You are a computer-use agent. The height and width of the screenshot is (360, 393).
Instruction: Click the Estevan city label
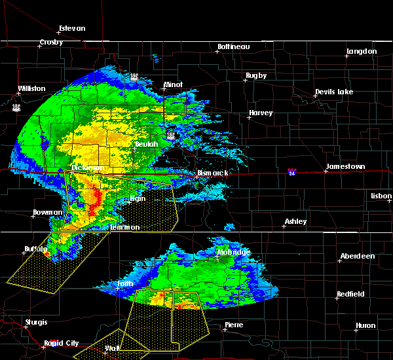point(72,28)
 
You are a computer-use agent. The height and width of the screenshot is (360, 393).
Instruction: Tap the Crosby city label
point(50,43)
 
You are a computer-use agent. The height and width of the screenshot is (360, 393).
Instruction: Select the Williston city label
point(31,88)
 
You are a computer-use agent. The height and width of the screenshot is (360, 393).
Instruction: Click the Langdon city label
point(362,51)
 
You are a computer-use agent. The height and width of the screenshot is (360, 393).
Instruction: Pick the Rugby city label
point(256,75)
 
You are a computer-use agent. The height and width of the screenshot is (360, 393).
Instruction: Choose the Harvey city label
point(260,113)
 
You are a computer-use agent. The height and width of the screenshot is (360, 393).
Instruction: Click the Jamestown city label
point(346,167)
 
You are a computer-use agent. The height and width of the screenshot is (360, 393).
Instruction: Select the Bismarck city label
point(212,173)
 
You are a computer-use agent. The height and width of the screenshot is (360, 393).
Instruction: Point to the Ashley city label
point(295,221)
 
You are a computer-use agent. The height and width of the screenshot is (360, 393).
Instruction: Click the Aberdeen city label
point(357,256)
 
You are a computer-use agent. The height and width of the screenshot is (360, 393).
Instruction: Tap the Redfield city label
point(350,294)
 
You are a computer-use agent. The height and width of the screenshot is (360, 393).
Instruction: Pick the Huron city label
point(365,325)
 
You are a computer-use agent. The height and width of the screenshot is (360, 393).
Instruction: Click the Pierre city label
point(233,325)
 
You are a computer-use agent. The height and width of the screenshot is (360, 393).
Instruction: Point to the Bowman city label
point(48,212)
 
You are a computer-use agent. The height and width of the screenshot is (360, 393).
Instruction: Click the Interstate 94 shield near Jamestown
point(292,172)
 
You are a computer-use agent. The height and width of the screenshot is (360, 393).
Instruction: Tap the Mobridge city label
point(233,252)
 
